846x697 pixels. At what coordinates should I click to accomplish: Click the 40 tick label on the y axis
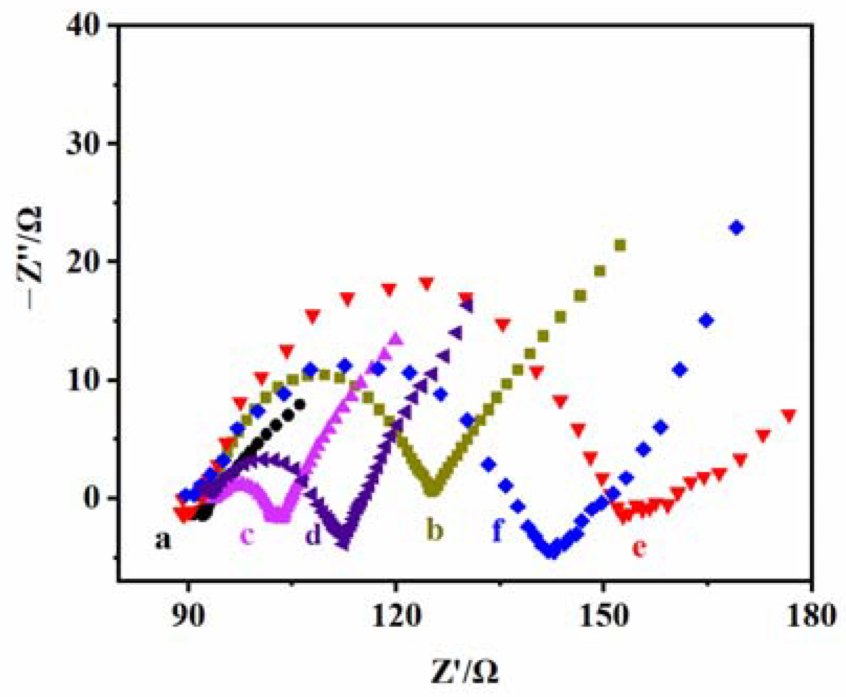(x=84, y=26)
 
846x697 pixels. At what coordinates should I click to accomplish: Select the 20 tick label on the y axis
(x=84, y=261)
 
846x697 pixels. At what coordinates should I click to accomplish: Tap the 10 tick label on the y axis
(x=84, y=380)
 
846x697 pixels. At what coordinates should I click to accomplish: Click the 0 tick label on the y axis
(x=92, y=497)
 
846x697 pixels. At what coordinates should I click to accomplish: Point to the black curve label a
(x=163, y=540)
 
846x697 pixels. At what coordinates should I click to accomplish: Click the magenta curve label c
(x=247, y=536)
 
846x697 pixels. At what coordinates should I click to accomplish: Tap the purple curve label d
(x=313, y=535)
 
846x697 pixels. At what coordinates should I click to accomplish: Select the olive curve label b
(x=434, y=530)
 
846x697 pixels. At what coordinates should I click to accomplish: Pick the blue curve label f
(x=498, y=530)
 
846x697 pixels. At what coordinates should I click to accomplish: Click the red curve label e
(x=639, y=548)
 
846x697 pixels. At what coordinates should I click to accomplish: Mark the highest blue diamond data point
(x=737, y=228)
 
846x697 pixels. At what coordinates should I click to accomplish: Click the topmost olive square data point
(x=620, y=245)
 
